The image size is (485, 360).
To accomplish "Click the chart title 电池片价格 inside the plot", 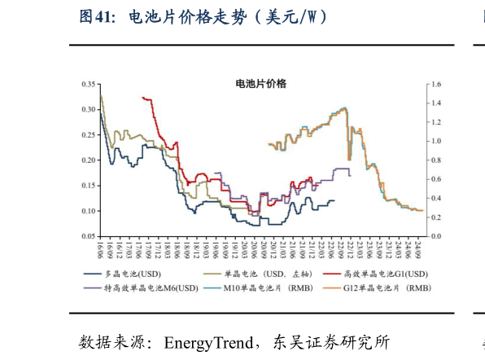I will pyautogui.click(x=260, y=84).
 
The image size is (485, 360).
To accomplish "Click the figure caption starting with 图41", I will pyautogui.click(x=204, y=17).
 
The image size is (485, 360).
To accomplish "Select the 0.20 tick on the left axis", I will pyautogui.click(x=88, y=160).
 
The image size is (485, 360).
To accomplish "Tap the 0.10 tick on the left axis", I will pyautogui.click(x=88, y=211).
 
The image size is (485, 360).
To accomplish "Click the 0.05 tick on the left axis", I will pyautogui.click(x=88, y=236).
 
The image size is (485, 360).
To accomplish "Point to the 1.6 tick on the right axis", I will pyautogui.click(x=436, y=84).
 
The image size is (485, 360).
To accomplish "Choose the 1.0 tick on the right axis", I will pyautogui.click(x=436, y=141).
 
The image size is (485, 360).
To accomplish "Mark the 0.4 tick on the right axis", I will pyautogui.click(x=436, y=198).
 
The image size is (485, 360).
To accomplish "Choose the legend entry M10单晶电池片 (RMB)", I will pyautogui.click(x=257, y=288).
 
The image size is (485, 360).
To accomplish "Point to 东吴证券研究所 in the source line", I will pyautogui.click(x=334, y=340).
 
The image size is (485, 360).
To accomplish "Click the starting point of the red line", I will pyautogui.click(x=142, y=98).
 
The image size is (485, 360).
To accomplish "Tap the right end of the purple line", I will pyautogui.click(x=350, y=175).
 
